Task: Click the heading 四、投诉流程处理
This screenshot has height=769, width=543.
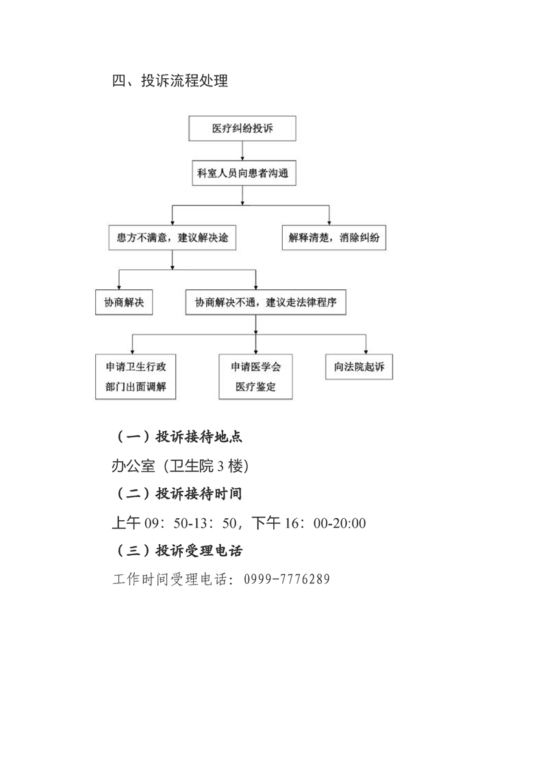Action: point(170,80)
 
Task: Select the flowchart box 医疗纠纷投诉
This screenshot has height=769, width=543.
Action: point(242,128)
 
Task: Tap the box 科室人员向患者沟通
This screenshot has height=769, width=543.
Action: point(244,173)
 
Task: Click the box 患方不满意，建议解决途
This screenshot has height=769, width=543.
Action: point(172,238)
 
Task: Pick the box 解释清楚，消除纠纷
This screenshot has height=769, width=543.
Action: point(333,238)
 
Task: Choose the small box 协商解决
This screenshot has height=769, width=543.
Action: point(124,302)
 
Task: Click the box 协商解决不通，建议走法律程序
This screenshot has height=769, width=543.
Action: point(266,302)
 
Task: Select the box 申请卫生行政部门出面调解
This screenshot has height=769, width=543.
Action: point(136,377)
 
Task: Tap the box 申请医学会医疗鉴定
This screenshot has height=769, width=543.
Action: point(256,377)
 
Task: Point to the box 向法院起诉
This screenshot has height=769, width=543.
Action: point(359,367)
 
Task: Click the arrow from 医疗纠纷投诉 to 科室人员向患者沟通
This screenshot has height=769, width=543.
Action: point(242,151)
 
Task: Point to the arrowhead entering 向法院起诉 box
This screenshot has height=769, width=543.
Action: point(366,352)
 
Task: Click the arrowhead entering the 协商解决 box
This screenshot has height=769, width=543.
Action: point(118,287)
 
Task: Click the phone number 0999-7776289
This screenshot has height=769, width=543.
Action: point(287,579)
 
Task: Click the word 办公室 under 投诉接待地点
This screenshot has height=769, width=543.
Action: point(134,465)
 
